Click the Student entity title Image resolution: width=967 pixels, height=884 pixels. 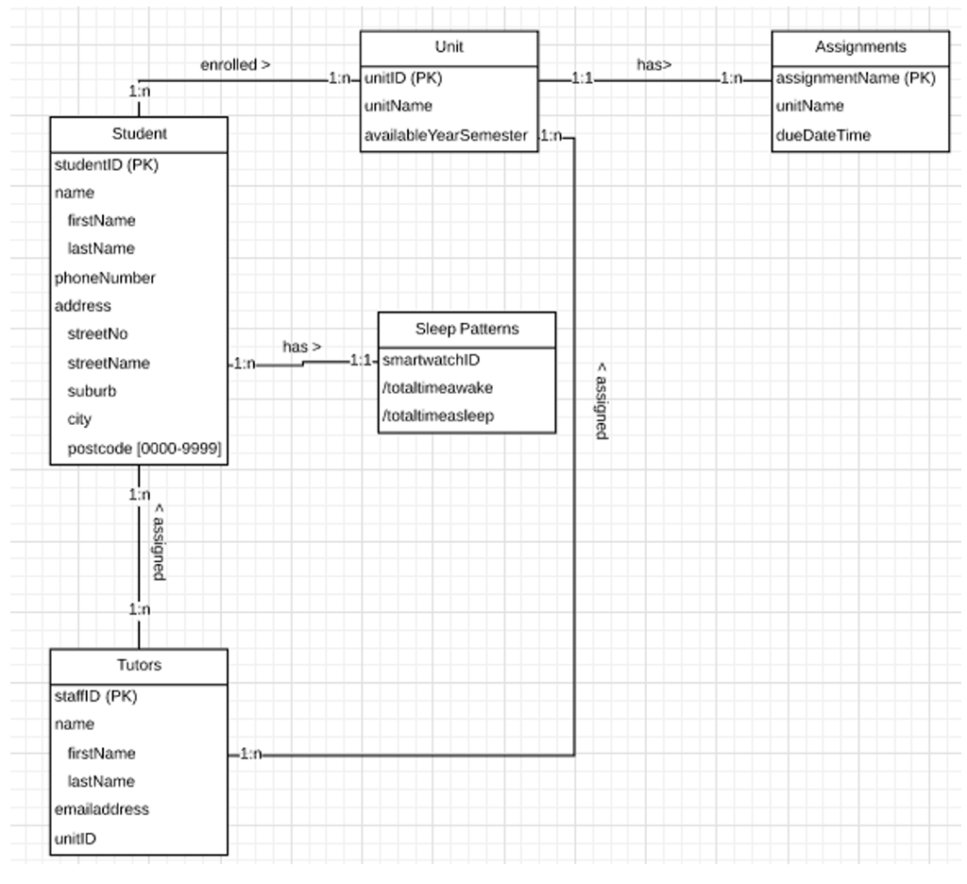138,134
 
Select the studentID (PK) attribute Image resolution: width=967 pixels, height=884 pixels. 106,165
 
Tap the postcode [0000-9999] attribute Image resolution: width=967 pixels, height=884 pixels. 144,449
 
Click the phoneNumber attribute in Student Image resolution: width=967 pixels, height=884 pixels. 105,278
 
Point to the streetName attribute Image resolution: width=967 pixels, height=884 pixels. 109,363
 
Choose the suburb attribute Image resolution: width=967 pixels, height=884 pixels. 92,391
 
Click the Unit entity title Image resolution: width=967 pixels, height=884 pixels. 449,46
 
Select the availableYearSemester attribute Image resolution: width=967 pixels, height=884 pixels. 446,135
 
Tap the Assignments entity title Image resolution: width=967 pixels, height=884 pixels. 860,46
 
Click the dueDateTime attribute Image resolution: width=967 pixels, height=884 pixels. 823,135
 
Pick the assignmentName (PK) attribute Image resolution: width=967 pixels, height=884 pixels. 856,78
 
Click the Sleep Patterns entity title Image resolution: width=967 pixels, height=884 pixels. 467,329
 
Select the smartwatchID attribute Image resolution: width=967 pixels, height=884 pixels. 431,360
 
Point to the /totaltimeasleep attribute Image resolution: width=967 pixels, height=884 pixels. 437,416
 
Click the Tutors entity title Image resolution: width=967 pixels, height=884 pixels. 139,665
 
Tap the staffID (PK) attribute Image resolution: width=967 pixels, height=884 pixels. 96,696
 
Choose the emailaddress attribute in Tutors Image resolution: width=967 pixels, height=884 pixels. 102,809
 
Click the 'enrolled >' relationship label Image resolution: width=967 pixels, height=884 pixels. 235,65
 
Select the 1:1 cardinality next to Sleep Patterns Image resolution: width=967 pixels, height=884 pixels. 361,360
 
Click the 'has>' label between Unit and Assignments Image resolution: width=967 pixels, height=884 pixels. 653,65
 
